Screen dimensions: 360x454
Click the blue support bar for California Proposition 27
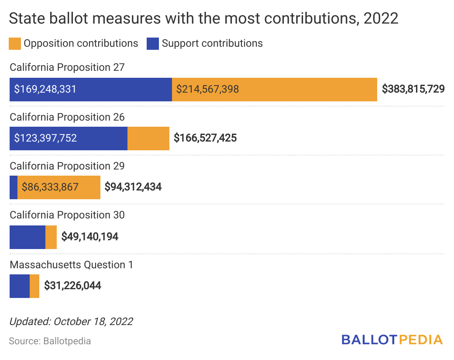tap(90, 90)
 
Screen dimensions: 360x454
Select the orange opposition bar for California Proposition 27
tap(274, 90)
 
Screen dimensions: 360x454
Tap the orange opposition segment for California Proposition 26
tap(148, 138)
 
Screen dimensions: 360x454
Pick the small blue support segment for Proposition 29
tap(14, 187)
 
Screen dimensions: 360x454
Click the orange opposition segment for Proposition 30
tap(51, 237)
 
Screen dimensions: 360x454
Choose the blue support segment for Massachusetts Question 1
tap(20, 286)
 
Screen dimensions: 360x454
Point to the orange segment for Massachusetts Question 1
tap(34, 286)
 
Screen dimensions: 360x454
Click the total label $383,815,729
tap(413, 89)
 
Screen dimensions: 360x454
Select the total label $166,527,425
tap(205, 138)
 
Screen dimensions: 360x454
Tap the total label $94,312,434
tap(133, 187)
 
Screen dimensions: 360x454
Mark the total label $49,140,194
tap(89, 237)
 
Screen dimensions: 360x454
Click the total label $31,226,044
tap(72, 286)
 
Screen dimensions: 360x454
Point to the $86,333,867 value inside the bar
tap(50, 187)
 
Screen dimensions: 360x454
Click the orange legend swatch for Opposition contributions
tap(15, 44)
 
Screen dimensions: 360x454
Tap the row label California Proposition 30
tap(67, 215)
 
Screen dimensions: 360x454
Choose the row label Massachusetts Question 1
tap(72, 265)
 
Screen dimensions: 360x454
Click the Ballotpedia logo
tap(392, 339)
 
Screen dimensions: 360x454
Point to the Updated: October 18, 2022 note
tap(71, 322)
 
